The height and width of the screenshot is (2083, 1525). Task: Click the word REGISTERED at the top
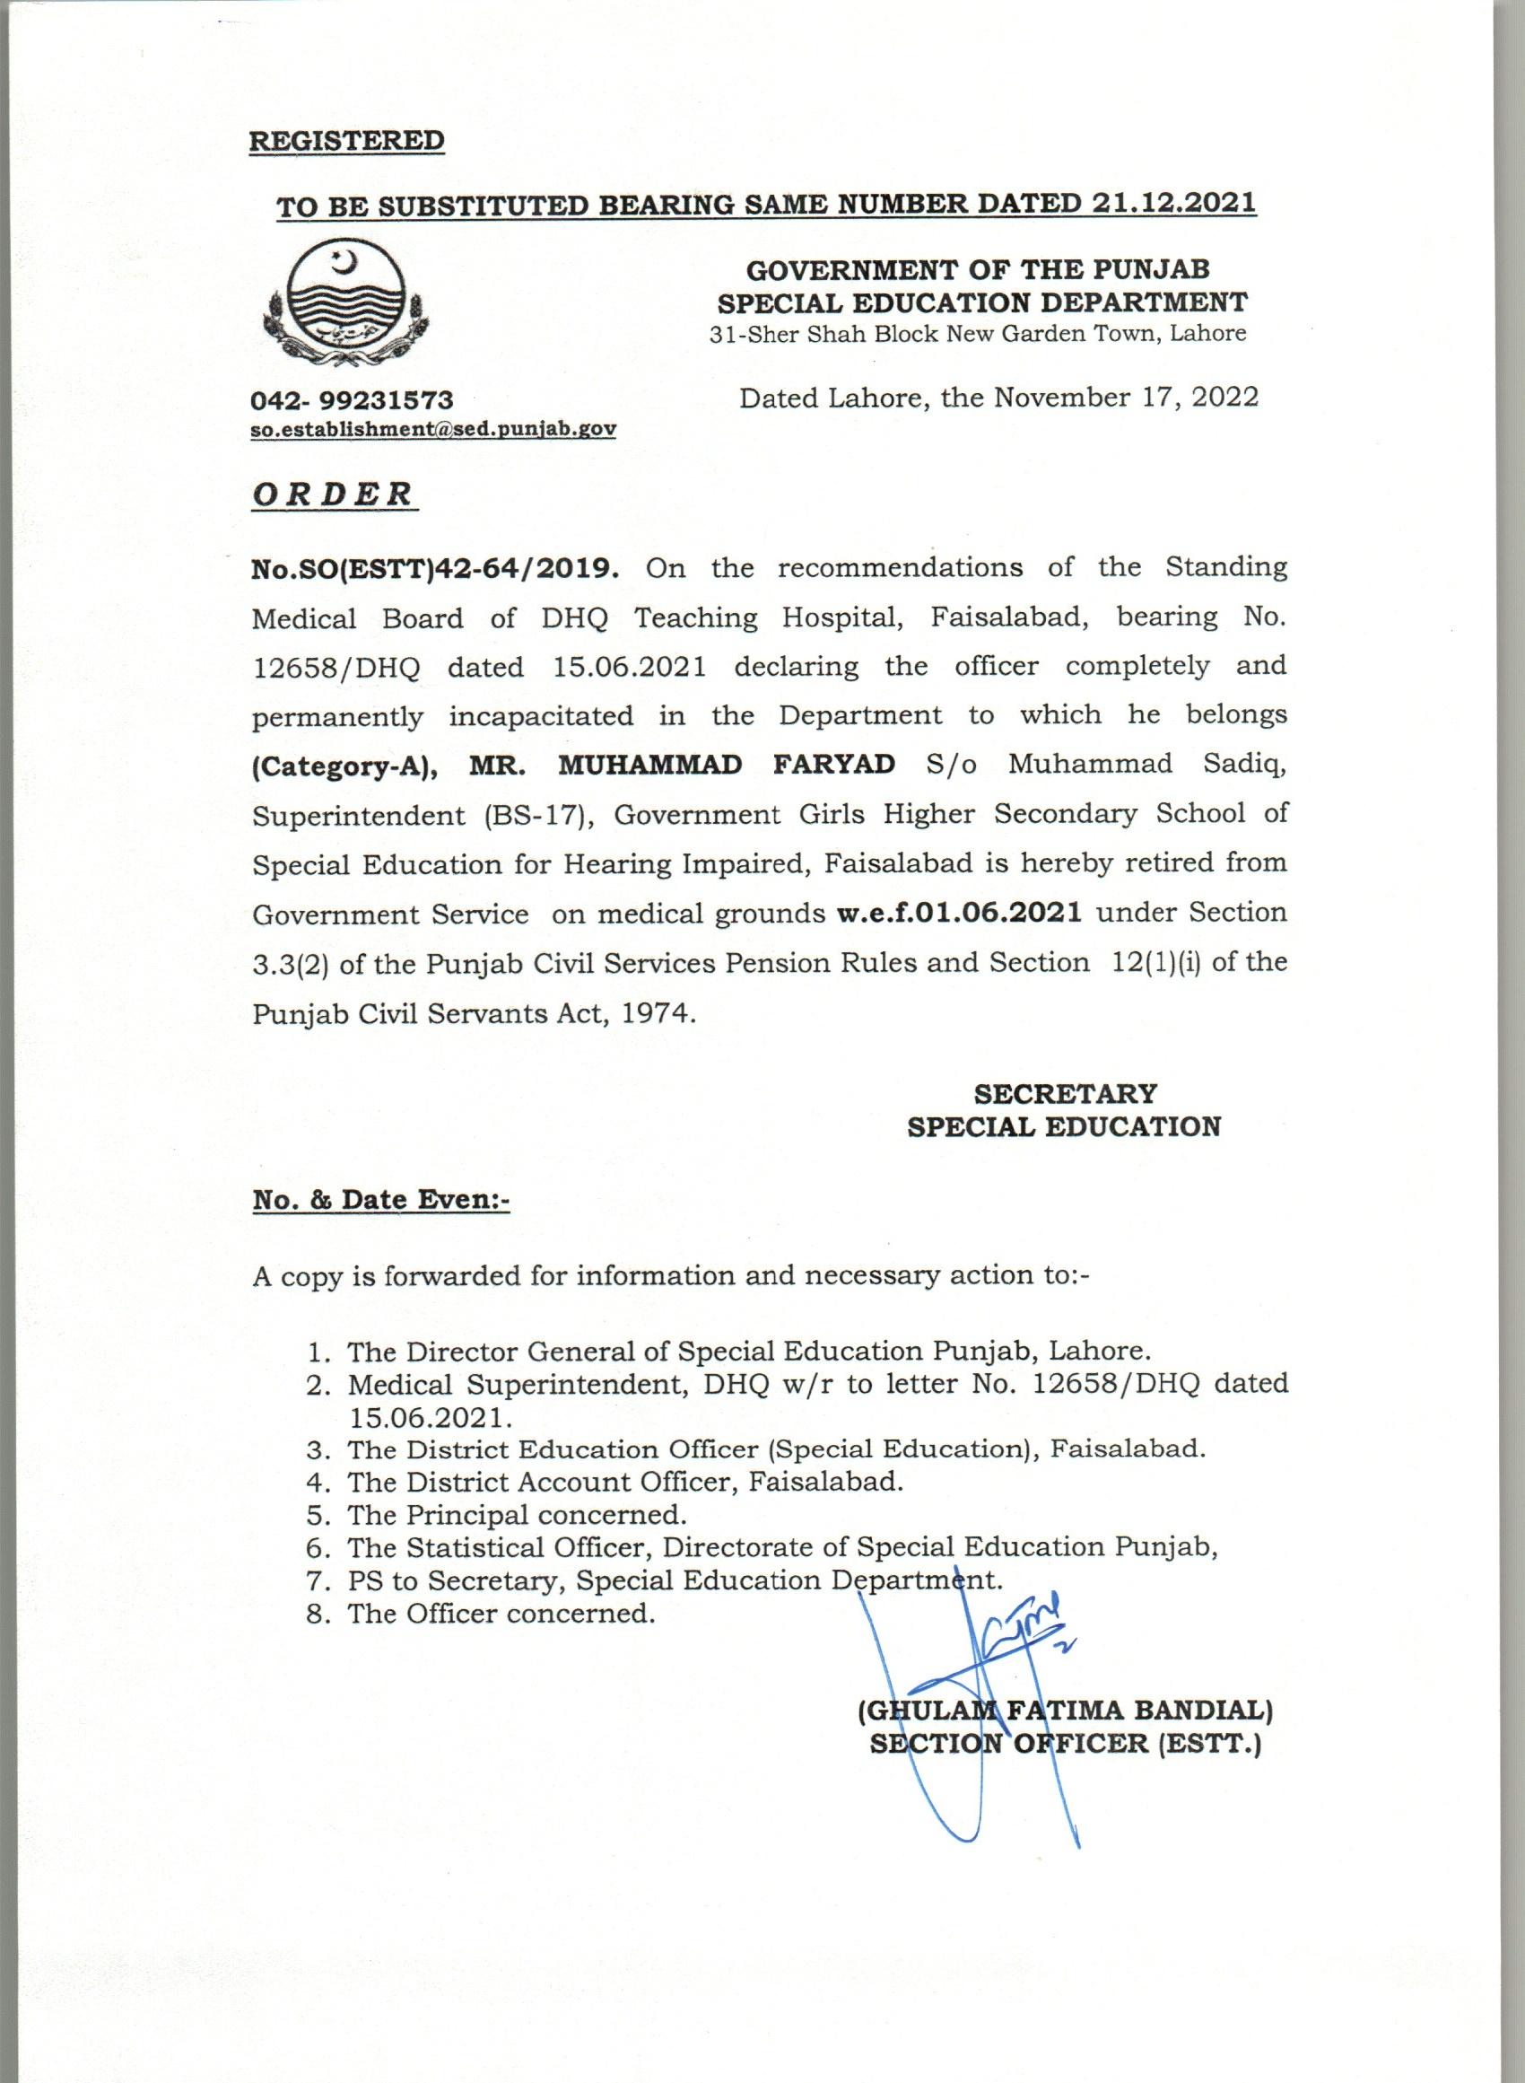[x=347, y=141]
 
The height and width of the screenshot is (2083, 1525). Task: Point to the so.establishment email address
[x=434, y=429]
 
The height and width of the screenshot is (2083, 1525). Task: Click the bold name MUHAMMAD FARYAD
[x=728, y=764]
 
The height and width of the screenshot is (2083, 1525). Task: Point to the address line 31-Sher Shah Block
[x=978, y=333]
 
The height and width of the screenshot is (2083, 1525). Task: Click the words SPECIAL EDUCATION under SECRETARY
[x=1065, y=1126]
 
